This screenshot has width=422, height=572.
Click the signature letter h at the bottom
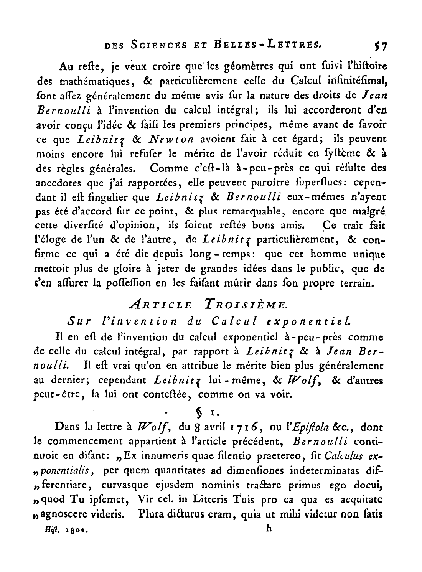(x=269, y=528)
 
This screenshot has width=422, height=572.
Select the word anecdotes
(x=59, y=183)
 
